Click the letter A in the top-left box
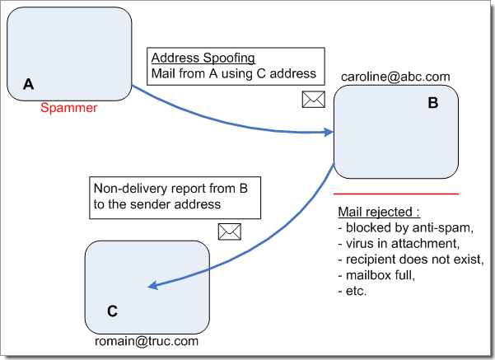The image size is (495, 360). [x=29, y=84]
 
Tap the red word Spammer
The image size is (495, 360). [x=69, y=107]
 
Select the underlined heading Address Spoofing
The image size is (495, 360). [x=203, y=58]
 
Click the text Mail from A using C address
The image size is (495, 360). [x=233, y=73]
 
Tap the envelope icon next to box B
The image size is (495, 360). [x=314, y=100]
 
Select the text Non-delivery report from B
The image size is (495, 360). [x=170, y=188]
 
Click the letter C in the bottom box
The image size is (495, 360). [x=113, y=311]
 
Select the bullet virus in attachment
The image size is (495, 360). [x=397, y=244]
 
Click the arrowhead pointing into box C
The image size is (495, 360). [x=152, y=286]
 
